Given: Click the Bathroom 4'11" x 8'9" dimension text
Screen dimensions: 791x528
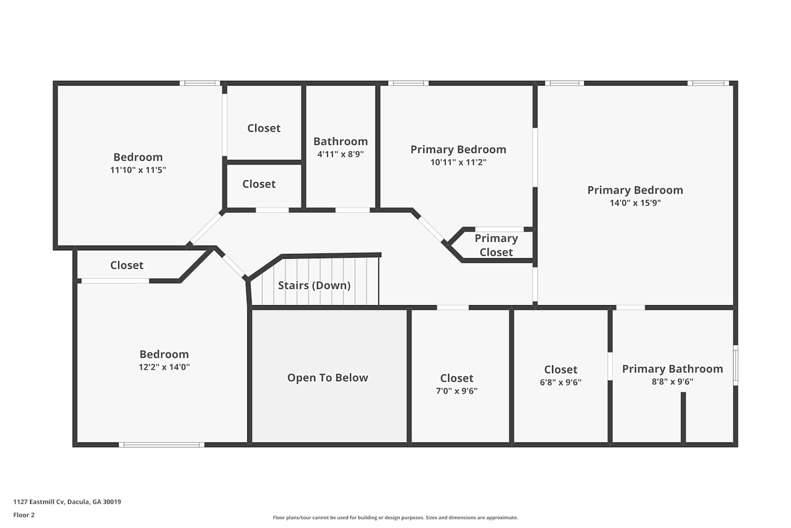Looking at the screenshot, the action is (x=341, y=154).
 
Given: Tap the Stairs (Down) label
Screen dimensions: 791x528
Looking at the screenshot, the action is (x=314, y=286).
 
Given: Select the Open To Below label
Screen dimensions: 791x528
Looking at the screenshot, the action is (x=327, y=378).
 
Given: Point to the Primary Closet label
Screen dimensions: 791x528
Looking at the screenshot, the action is (x=496, y=245).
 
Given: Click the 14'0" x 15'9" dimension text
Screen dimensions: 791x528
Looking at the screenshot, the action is (x=635, y=203).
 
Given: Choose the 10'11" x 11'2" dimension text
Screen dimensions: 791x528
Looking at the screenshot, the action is (x=458, y=162).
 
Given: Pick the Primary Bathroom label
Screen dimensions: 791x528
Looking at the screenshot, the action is (x=672, y=369).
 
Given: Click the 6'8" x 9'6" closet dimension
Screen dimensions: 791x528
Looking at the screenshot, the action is (x=561, y=382).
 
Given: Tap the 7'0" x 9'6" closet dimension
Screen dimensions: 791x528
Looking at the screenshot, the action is (x=456, y=391).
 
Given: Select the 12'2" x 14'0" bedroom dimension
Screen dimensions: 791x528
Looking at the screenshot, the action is (x=164, y=367).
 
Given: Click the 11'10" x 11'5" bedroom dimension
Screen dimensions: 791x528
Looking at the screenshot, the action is (x=138, y=170).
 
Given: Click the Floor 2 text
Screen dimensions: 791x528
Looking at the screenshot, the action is (x=24, y=515).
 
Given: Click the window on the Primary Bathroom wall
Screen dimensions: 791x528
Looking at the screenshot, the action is (x=736, y=365).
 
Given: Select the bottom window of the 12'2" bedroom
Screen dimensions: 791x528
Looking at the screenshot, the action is (x=162, y=445).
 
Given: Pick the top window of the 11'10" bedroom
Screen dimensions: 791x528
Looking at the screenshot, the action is (x=200, y=83).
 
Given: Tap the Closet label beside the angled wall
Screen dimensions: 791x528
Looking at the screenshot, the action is (x=127, y=265).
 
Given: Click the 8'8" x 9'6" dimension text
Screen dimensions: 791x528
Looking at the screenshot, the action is (x=672, y=382).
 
